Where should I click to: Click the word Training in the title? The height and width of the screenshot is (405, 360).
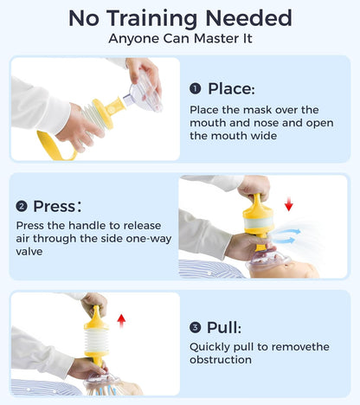point(152,19)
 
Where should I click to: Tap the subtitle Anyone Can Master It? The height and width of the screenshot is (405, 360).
point(180,38)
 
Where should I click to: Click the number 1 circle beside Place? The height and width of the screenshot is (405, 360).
point(196,88)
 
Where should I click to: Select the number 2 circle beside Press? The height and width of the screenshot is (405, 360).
point(22,207)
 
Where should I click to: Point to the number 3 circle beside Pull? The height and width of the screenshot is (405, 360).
point(196,327)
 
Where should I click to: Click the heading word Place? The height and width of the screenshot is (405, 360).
point(232,88)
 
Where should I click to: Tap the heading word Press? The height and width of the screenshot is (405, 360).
point(57,206)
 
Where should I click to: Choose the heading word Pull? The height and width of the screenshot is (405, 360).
point(224,327)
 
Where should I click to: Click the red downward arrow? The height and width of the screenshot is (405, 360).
point(289,206)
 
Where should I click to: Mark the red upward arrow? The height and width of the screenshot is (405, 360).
point(121,321)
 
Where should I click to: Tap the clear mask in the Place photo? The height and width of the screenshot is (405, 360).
point(145,93)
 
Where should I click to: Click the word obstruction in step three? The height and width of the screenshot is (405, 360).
point(221,360)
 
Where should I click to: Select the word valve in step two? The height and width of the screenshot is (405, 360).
point(29,252)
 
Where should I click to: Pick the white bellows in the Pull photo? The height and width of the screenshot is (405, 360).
point(96,340)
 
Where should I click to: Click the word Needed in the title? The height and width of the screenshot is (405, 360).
point(248,18)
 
